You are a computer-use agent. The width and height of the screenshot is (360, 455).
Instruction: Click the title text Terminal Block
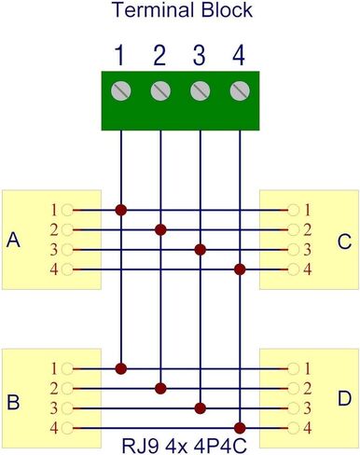point(180,12)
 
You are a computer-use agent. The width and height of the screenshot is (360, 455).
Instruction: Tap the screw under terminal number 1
point(120,91)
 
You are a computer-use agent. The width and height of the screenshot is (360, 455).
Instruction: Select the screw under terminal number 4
point(240,91)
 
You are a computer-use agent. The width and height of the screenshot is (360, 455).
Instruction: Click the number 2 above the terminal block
point(159,56)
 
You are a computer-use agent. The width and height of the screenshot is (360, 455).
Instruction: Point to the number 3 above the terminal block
point(199,56)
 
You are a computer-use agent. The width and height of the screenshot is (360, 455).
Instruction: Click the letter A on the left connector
point(13,241)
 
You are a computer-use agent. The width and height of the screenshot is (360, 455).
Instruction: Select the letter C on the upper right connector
point(344,242)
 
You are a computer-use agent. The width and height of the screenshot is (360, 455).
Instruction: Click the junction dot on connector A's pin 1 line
point(120,210)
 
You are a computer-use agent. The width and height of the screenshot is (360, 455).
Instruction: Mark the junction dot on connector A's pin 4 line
point(240,269)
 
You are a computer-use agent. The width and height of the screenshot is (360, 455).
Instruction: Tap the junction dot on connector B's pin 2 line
point(160,387)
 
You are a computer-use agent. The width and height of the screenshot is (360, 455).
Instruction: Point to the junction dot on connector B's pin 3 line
point(200,407)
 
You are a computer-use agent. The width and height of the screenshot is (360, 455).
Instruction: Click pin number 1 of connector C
point(308,209)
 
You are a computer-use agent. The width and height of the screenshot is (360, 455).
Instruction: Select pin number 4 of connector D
point(308,427)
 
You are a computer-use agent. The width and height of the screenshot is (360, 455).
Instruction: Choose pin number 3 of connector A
point(54,249)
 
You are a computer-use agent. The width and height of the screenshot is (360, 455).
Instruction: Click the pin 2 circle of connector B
point(67,387)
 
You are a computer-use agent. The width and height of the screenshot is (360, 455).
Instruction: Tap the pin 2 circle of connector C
point(294,229)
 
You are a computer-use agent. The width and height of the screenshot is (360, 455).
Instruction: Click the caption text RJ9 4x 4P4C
point(180,443)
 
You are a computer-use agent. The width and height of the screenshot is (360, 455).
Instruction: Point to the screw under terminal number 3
point(200,91)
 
